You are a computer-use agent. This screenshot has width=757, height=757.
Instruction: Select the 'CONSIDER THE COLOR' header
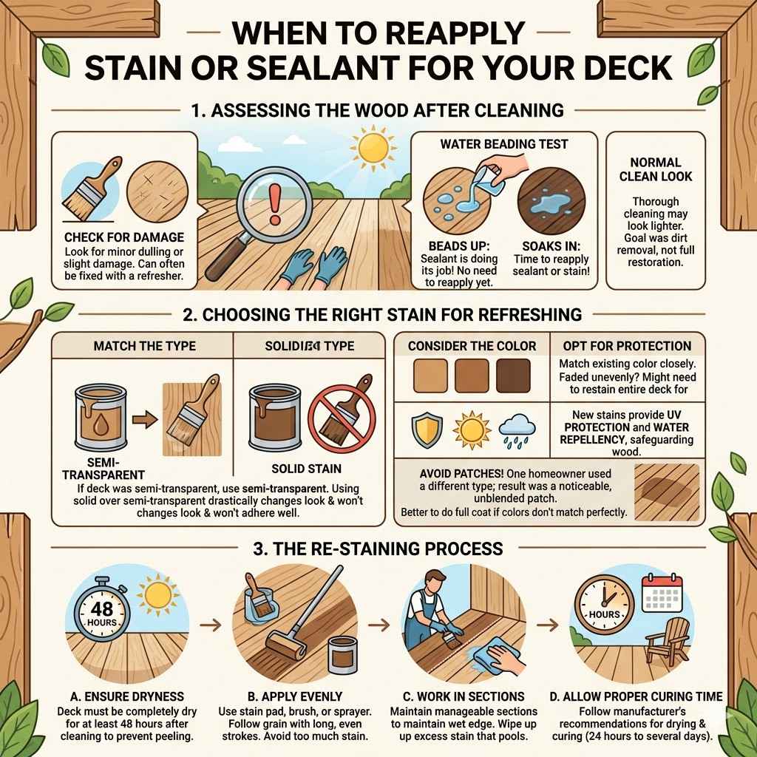pos(472,346)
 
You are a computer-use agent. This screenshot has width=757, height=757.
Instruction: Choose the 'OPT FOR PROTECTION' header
pos(627,346)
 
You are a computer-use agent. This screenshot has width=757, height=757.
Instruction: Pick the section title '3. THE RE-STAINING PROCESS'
pos(378,549)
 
